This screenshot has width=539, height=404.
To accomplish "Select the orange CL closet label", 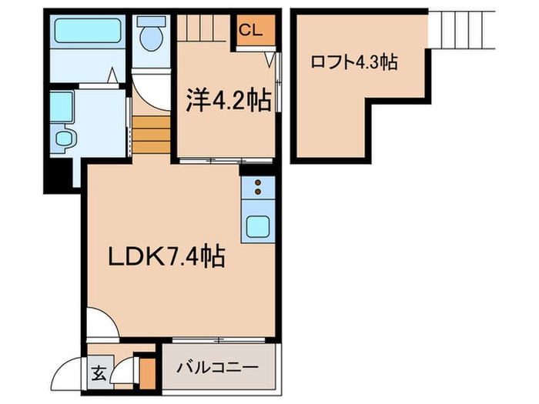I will click(251, 30).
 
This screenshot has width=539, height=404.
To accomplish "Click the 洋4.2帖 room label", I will click(229, 100).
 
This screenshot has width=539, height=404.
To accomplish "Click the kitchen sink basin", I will click(257, 228).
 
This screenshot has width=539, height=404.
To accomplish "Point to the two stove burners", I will click(257, 187).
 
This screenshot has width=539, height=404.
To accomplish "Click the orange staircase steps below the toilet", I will click(152, 133).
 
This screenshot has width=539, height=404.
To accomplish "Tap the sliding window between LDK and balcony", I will click(219, 339).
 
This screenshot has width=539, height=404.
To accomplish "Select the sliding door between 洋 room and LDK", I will click(223, 161).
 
